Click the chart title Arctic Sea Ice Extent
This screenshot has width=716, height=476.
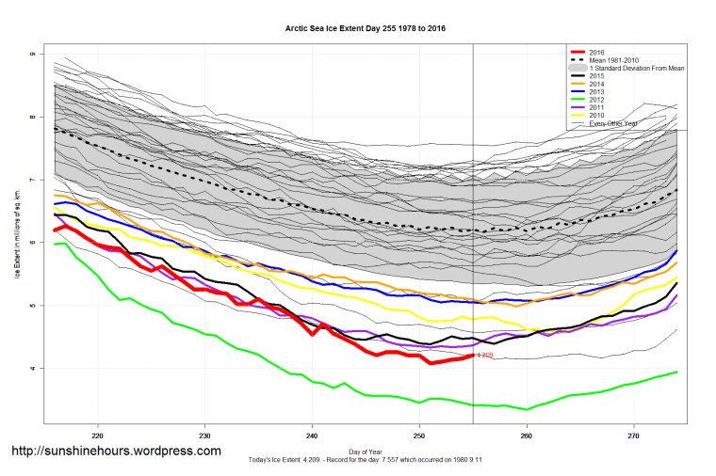(x=366, y=29)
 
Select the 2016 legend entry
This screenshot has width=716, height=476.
(x=596, y=52)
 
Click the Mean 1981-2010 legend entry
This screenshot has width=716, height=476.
(x=613, y=60)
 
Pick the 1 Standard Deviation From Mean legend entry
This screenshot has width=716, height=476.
(x=632, y=69)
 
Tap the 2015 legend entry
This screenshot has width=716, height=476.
(x=596, y=76)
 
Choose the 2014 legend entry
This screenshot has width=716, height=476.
(x=596, y=84)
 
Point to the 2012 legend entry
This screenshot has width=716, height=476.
(x=596, y=100)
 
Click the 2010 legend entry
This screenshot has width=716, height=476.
(x=596, y=116)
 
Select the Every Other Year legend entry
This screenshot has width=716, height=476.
(x=613, y=123)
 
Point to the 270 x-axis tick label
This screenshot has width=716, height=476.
(x=634, y=436)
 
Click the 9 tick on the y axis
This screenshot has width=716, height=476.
(x=32, y=55)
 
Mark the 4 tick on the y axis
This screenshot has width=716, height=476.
(x=32, y=368)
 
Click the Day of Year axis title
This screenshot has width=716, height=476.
(x=366, y=451)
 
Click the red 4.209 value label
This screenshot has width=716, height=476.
(x=486, y=356)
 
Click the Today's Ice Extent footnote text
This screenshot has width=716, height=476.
(x=366, y=459)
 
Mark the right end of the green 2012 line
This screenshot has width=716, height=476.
(x=676, y=372)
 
